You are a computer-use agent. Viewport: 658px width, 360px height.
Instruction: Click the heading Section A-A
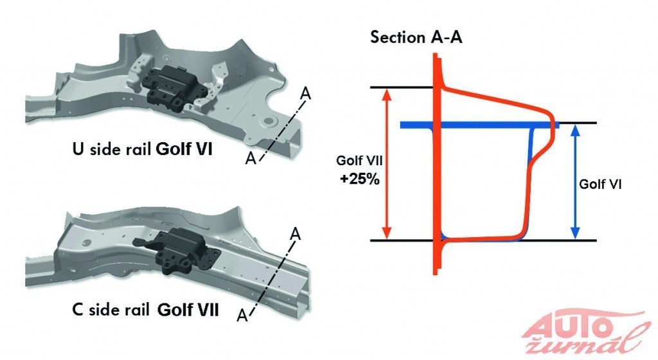(x=416, y=37)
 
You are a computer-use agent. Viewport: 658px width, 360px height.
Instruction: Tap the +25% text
(x=360, y=180)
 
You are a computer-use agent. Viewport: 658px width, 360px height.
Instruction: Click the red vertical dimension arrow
(x=387, y=163)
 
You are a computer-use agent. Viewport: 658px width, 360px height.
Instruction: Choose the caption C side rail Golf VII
(x=145, y=311)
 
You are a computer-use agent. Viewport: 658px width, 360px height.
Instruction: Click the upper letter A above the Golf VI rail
(x=306, y=94)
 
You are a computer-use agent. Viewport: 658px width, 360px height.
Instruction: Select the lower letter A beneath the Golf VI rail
(x=252, y=158)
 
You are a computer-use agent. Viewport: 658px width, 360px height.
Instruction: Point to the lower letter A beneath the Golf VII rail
(x=242, y=315)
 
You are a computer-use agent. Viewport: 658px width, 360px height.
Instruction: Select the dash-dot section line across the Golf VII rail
(x=270, y=274)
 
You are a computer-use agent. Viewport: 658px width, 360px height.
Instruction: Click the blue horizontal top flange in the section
(x=476, y=125)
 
